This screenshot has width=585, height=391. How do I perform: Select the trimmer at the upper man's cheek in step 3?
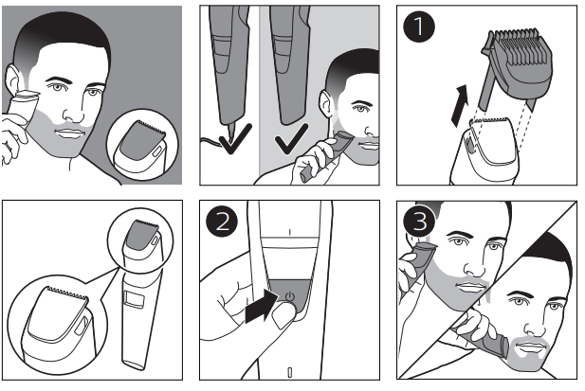click(x=418, y=259)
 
